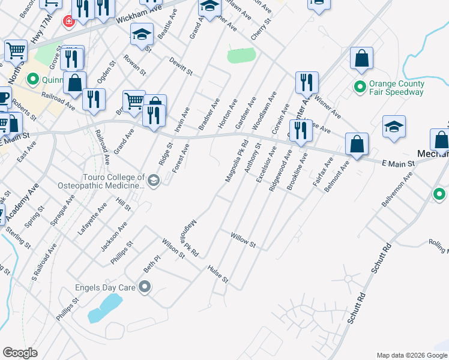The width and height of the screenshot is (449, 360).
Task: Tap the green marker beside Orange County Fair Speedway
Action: click(360, 87)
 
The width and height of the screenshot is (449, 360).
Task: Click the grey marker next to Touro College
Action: click(154, 181)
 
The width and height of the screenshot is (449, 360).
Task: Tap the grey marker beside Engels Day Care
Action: click(144, 287)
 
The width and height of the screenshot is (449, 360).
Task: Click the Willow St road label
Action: click(244, 241)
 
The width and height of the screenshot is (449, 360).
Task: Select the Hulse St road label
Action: click(218, 274)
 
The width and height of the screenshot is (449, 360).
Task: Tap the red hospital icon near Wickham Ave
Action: click(69, 21)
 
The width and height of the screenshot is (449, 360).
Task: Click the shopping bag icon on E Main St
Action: click(357, 145)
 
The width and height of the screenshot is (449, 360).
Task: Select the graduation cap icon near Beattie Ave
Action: click(142, 35)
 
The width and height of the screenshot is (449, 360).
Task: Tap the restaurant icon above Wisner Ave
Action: click(307, 82)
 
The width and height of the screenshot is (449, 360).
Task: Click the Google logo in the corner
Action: click(20, 353)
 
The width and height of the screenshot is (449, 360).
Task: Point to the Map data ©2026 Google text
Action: click(411, 355)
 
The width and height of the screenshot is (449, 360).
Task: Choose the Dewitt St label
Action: click(180, 68)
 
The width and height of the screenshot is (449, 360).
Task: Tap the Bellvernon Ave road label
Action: click(398, 190)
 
